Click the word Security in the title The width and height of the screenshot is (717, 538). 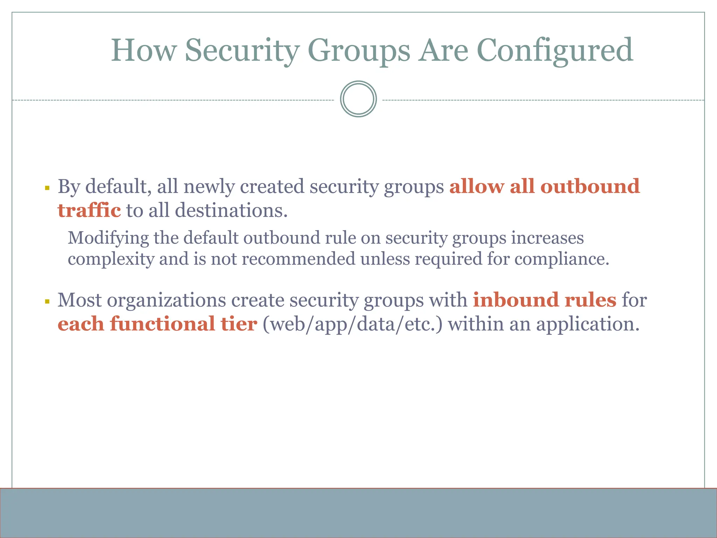[x=242, y=51]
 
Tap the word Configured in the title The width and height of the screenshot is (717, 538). [x=555, y=51]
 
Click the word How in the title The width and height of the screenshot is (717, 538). [x=144, y=51]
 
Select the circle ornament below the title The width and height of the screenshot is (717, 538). [x=358, y=99]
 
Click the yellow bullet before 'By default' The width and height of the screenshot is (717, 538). [x=47, y=188]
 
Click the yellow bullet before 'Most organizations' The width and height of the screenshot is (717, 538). [x=47, y=302]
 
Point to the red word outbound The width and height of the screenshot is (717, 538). [x=590, y=186]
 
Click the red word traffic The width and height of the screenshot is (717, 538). [x=89, y=211]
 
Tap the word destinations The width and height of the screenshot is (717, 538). [x=231, y=211]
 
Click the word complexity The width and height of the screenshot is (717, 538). [x=111, y=259]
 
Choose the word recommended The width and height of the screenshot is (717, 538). [x=298, y=259]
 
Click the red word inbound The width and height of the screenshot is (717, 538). [x=516, y=300]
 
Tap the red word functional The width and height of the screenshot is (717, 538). [x=162, y=324]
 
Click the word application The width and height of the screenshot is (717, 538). [x=588, y=324]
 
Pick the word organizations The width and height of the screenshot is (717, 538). [x=166, y=301]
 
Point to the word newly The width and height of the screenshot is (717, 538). [x=209, y=187]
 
